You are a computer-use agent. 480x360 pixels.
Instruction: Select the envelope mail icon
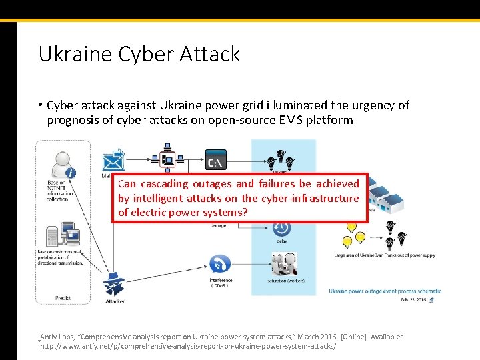tap(113, 161)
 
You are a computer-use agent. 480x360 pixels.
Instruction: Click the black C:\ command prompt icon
tap(215, 159)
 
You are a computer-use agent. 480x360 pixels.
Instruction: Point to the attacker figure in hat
tap(114, 284)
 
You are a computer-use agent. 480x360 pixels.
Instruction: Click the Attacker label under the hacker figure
tap(115, 301)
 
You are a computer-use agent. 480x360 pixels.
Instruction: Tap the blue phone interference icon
tap(220, 264)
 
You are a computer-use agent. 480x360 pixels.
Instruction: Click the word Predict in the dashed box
tap(63, 298)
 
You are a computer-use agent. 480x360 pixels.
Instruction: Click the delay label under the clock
tap(282, 241)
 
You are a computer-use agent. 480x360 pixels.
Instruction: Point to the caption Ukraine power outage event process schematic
tap(385, 291)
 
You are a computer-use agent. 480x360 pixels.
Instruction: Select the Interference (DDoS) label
tap(221, 283)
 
